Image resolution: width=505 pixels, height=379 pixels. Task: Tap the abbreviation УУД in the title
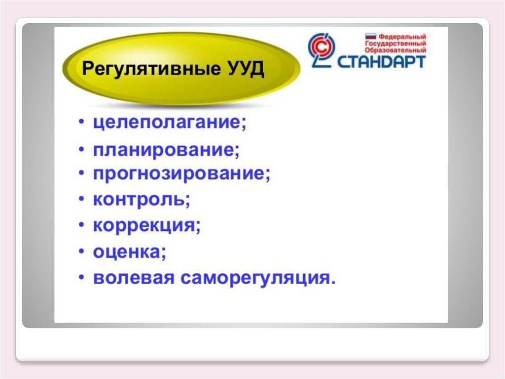[x=247, y=69]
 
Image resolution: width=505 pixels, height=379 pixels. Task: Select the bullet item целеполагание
[x=170, y=123]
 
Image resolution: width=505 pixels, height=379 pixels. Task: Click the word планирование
[x=166, y=150]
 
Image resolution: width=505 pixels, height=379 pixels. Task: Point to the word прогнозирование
[x=181, y=174]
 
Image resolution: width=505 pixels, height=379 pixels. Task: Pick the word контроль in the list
[x=142, y=200]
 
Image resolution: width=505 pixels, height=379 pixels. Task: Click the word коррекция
[x=146, y=225]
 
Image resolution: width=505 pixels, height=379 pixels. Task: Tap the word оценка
[x=130, y=252]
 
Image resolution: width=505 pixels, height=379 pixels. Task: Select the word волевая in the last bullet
[x=134, y=278]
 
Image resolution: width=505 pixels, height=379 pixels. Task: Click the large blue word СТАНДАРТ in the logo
[x=381, y=62]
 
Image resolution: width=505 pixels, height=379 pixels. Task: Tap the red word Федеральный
[x=402, y=37]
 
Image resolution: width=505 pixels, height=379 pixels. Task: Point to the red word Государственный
[x=396, y=43]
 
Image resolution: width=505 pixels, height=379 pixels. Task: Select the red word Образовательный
[x=396, y=50]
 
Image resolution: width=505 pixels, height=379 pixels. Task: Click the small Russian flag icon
[x=371, y=37]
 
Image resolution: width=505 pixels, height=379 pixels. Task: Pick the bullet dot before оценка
[x=82, y=251]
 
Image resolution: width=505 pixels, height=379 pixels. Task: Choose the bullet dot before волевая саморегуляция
[x=82, y=277]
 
